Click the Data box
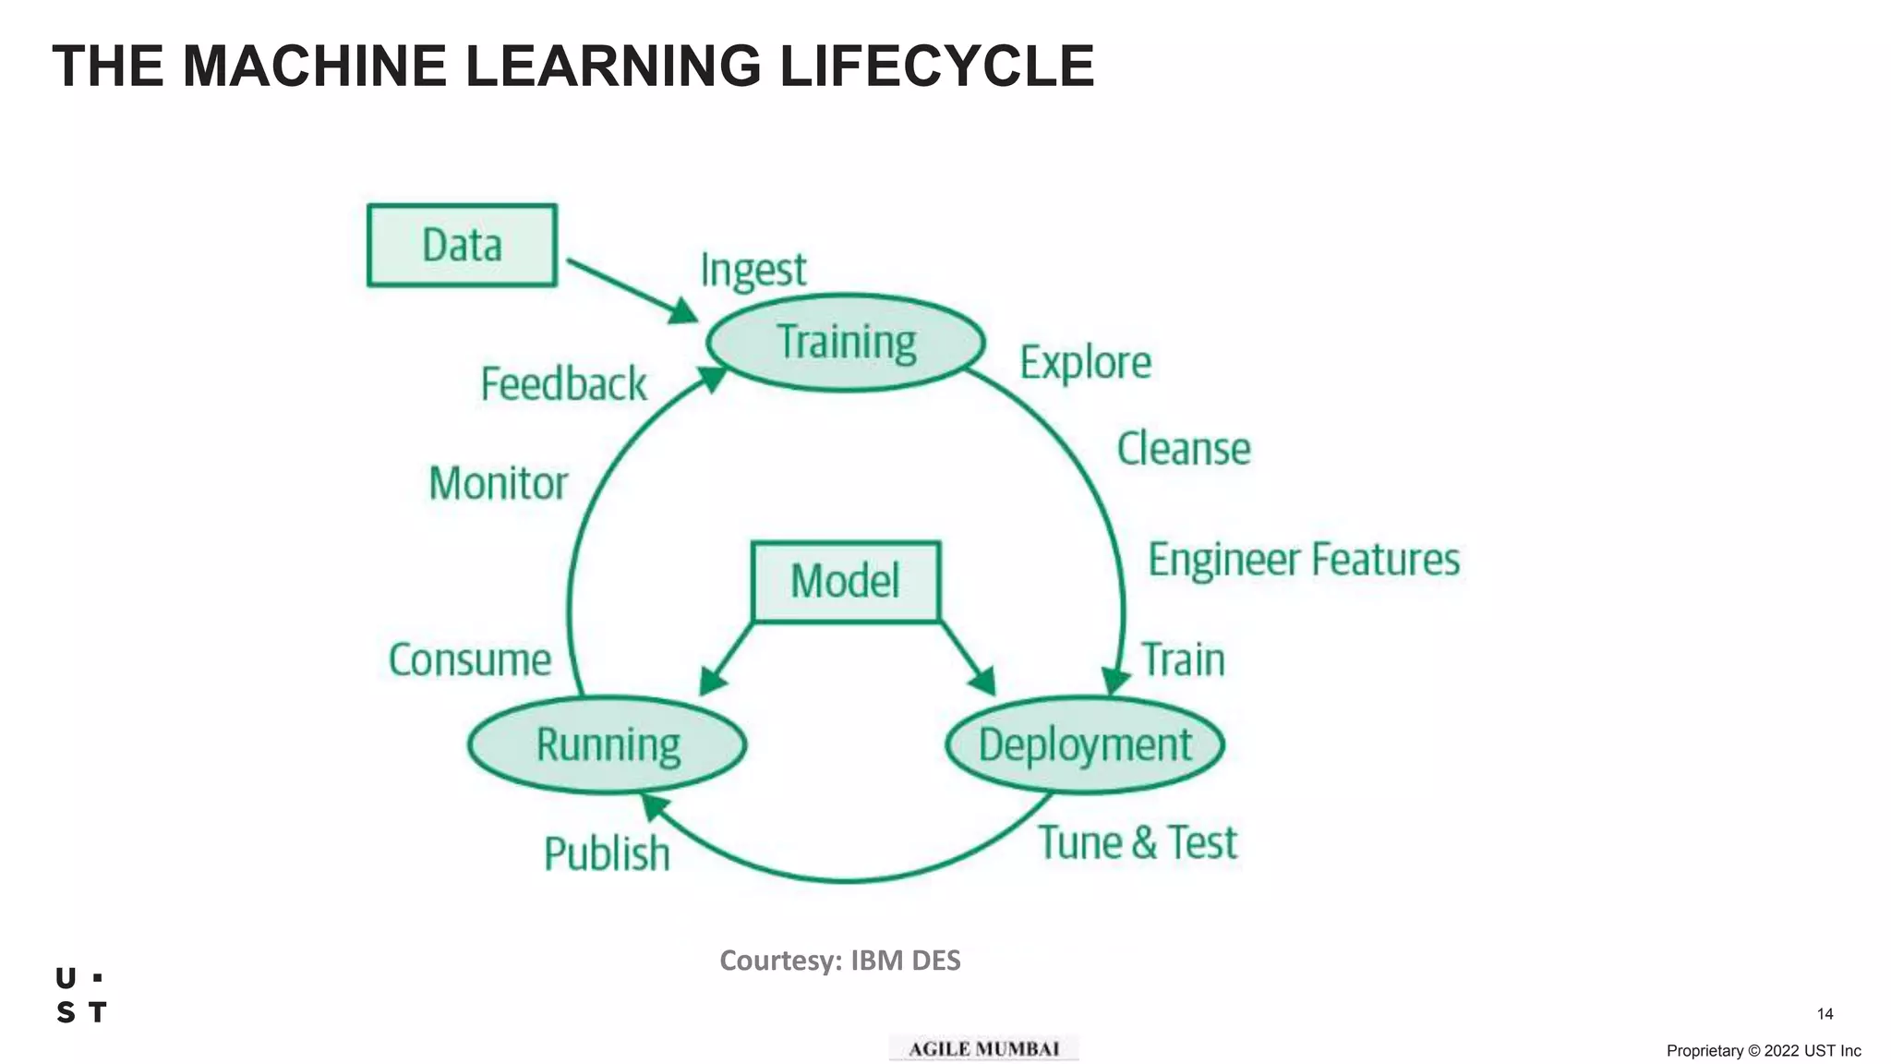(462, 246)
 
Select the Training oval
(846, 343)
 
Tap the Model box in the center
(846, 582)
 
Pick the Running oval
(608, 744)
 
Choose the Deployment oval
(1085, 744)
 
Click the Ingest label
(753, 271)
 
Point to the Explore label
(1085, 363)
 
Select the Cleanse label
(1184, 450)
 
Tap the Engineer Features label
(1304, 560)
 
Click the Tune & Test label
(1138, 842)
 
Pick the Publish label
(607, 853)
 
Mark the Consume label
(470, 659)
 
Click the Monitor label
(499, 483)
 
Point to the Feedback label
(563, 384)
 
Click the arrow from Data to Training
(632, 290)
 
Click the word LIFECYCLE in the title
(936, 66)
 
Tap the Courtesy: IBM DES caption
(840, 961)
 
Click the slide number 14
(1825, 1014)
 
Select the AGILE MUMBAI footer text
(983, 1049)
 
